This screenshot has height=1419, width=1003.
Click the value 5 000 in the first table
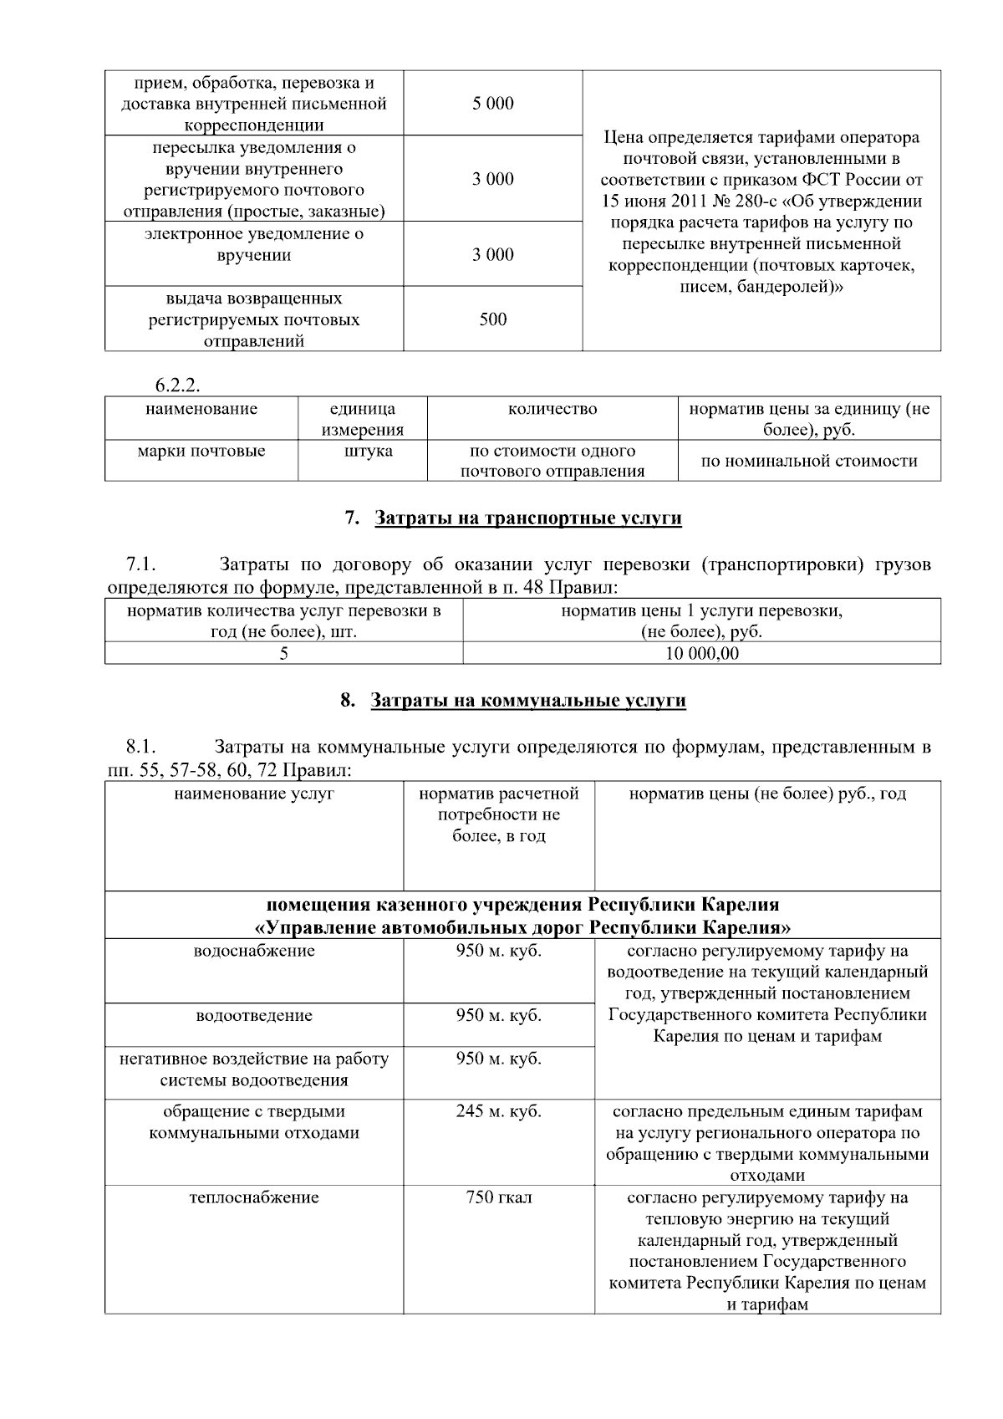pyautogui.click(x=492, y=104)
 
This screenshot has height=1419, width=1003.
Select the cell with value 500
pyautogui.click(x=492, y=319)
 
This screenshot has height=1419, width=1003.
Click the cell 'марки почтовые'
pyautogui.click(x=201, y=452)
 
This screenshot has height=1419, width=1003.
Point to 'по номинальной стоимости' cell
pyautogui.click(x=808, y=462)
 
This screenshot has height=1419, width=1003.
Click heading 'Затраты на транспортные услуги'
pyautogui.click(x=527, y=518)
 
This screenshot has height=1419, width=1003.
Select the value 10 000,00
pyautogui.click(x=701, y=654)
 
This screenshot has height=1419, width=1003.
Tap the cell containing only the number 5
pyautogui.click(x=283, y=654)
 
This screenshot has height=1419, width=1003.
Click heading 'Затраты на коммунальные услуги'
pyautogui.click(x=527, y=701)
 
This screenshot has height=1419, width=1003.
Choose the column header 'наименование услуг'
pyautogui.click(x=254, y=794)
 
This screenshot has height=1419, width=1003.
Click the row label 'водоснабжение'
pyautogui.click(x=254, y=952)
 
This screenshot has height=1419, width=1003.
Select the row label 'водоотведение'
pyautogui.click(x=254, y=1016)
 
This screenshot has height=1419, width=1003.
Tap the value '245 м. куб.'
pyautogui.click(x=498, y=1112)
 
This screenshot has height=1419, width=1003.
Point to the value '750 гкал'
pyautogui.click(x=498, y=1198)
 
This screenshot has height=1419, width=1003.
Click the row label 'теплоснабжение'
pyautogui.click(x=254, y=1198)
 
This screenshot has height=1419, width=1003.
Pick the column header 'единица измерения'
pyautogui.click(x=362, y=419)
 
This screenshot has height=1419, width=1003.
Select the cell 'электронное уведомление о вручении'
pyautogui.click(x=254, y=245)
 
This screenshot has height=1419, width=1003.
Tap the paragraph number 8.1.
pyautogui.click(x=141, y=747)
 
